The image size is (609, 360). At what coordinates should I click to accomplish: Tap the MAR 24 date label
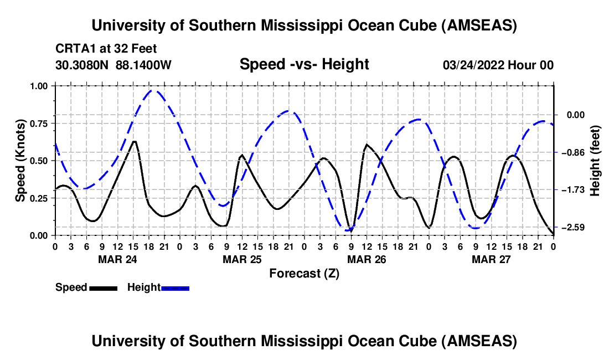tap(117, 259)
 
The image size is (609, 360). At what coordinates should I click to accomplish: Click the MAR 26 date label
tap(367, 259)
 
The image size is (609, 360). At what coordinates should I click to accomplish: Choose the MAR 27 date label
tap(491, 259)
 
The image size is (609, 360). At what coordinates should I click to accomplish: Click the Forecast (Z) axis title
tap(304, 273)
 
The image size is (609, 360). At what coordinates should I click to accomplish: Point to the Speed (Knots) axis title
tap(20, 160)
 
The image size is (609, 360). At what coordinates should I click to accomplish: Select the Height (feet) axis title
tap(595, 160)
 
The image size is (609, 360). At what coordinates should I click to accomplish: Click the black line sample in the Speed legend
tap(103, 287)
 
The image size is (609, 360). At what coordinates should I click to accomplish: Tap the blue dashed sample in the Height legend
tap(175, 287)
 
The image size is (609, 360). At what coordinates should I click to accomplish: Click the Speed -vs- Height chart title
tap(304, 65)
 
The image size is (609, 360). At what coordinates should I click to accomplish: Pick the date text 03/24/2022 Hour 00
tap(498, 65)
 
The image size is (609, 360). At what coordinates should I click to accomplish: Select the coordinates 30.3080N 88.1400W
tap(113, 65)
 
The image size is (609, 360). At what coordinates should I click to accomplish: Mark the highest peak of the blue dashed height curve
tap(154, 90)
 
